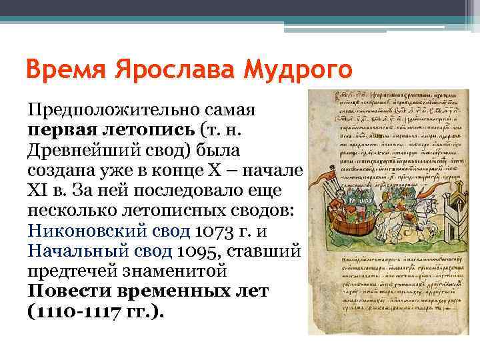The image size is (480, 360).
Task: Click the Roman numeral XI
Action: point(38,190)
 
